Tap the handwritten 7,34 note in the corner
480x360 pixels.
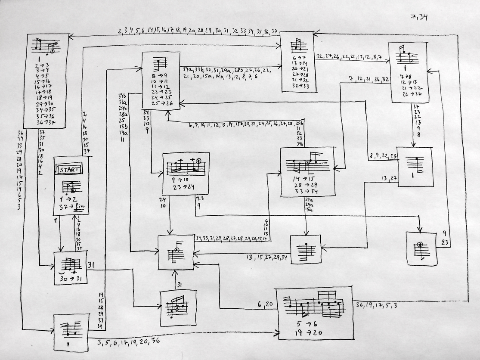tap(419, 17)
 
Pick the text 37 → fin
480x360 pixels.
tap(71, 207)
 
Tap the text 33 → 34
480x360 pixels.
tap(306, 191)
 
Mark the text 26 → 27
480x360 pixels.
tap(412, 94)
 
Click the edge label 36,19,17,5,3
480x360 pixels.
tap(376, 305)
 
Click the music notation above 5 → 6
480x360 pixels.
tap(315, 305)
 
